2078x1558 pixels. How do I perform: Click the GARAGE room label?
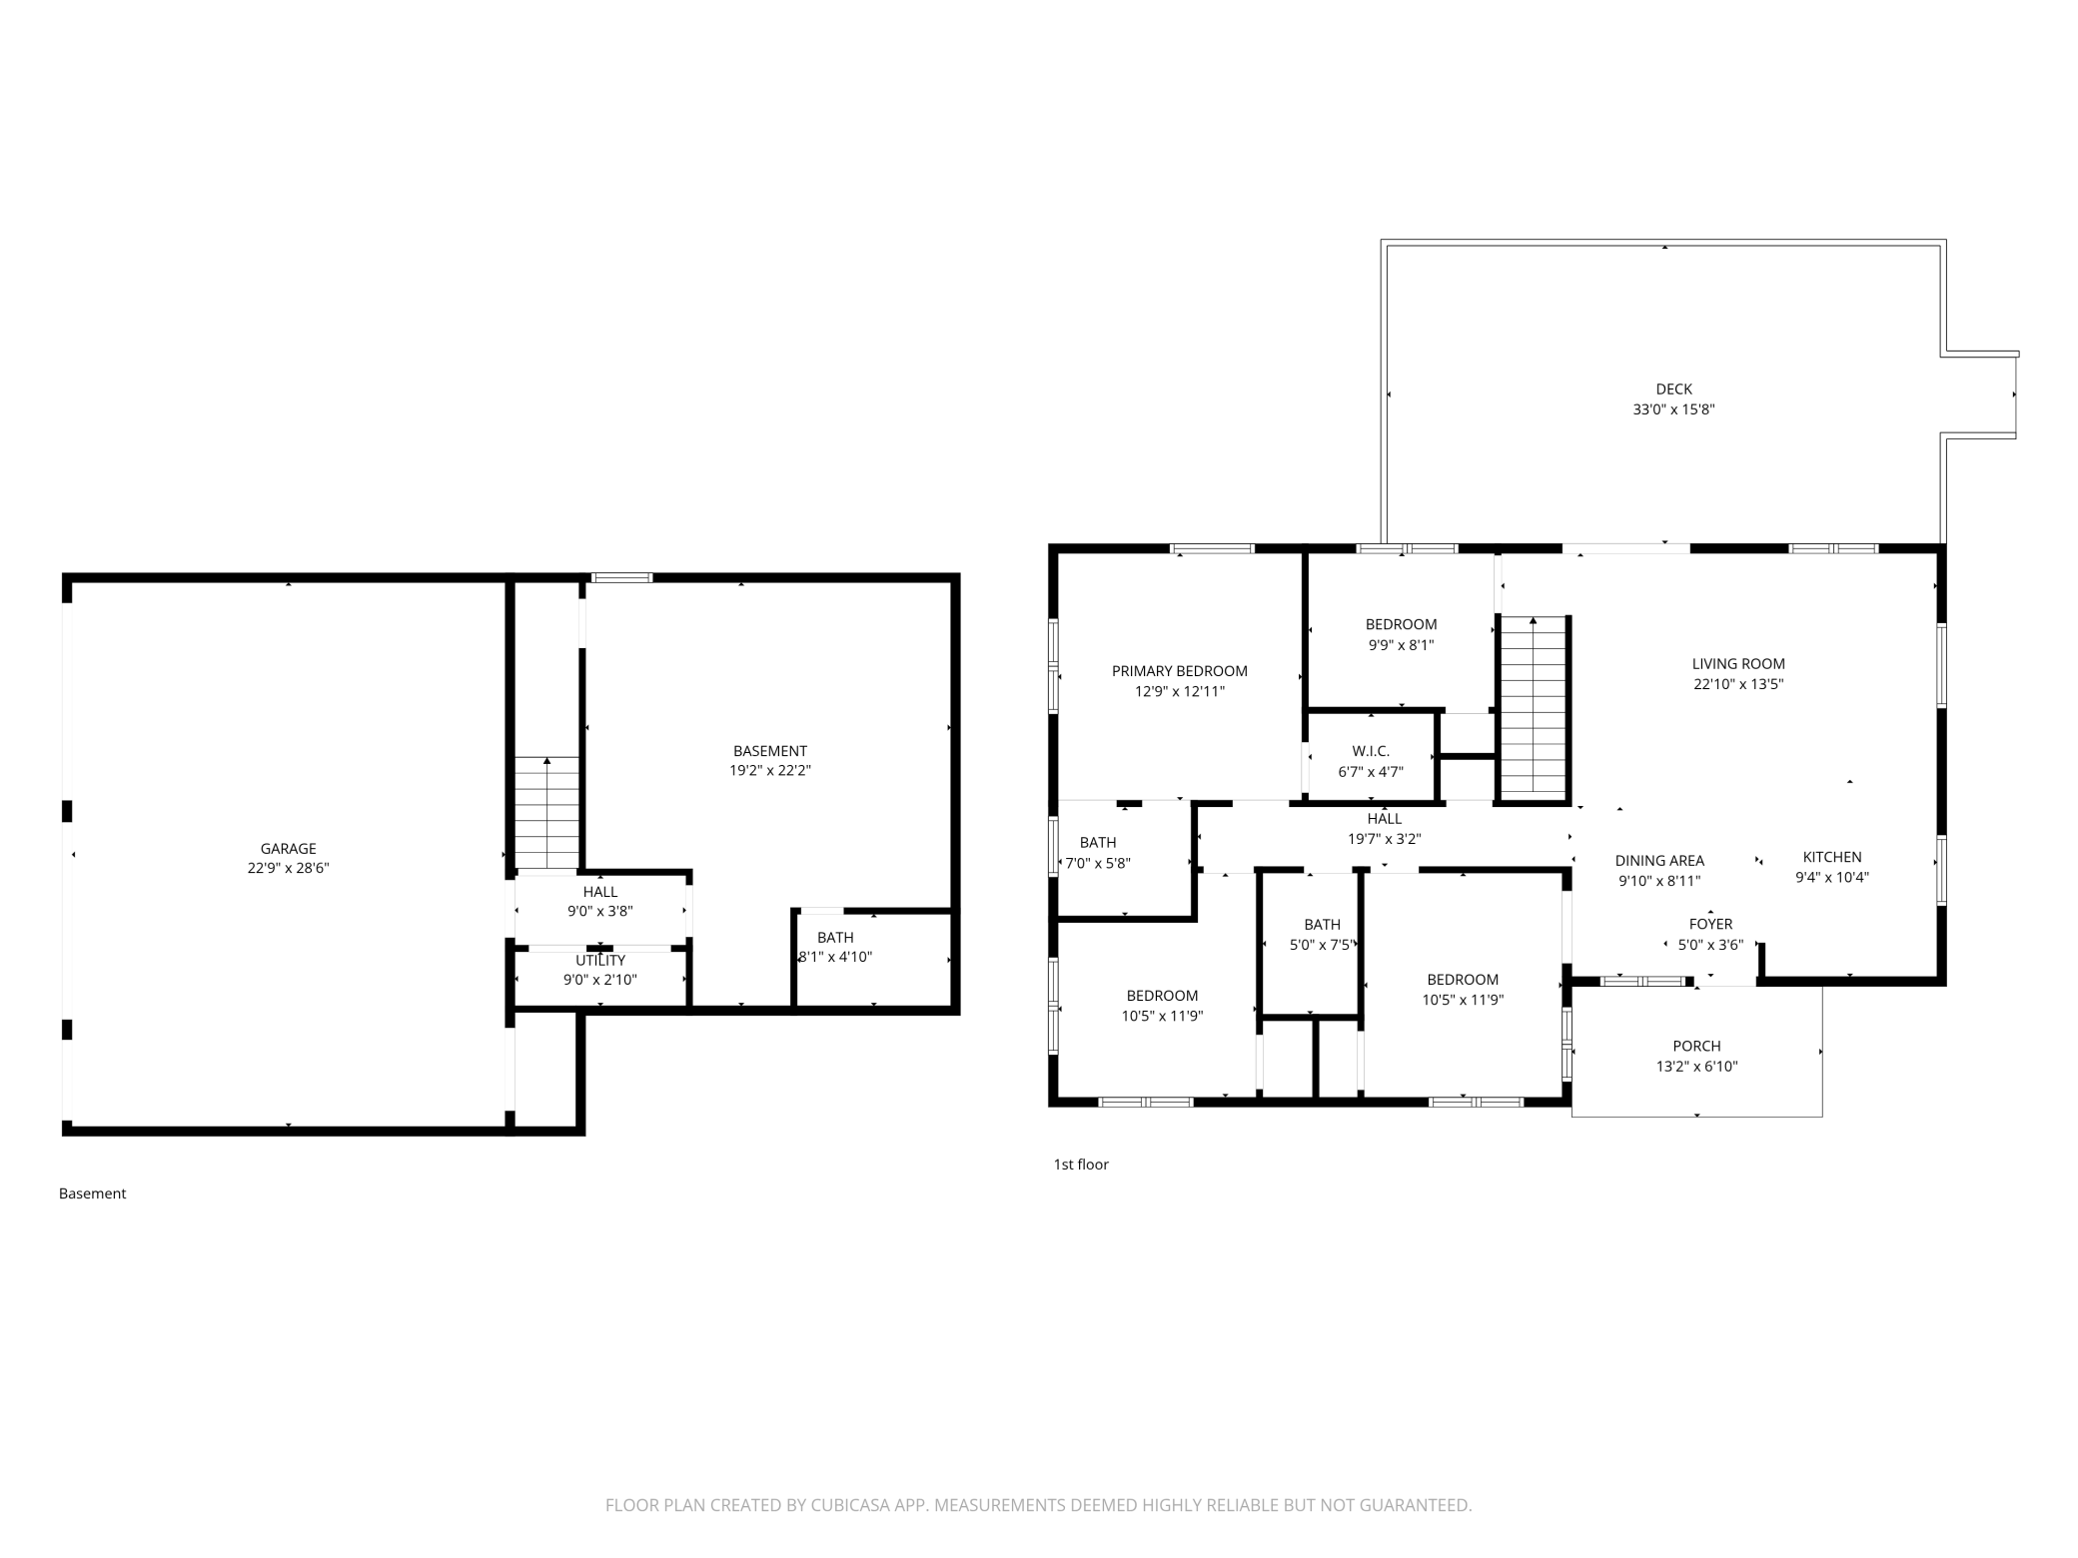[x=289, y=849]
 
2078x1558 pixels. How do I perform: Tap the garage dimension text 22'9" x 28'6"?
[x=289, y=869]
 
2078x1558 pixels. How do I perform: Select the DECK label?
[x=1674, y=389]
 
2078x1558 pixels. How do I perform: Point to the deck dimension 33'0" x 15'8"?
[x=1674, y=409]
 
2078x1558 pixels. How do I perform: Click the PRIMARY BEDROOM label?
[x=1180, y=671]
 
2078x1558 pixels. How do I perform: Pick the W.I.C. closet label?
[x=1371, y=751]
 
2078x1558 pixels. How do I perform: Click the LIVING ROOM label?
[x=1738, y=664]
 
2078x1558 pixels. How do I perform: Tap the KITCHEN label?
[x=1832, y=857]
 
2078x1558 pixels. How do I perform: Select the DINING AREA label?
[x=1659, y=861]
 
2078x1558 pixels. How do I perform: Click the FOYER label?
[x=1710, y=925]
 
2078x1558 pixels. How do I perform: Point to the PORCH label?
[x=1696, y=1047]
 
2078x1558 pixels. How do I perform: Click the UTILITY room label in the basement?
[x=600, y=961]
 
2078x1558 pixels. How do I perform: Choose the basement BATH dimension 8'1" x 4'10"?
[x=835, y=957]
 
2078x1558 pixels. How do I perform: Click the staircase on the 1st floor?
[x=1533, y=708]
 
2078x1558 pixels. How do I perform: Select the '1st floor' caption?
[x=1081, y=1165]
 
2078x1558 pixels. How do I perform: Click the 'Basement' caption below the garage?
[x=92, y=1193]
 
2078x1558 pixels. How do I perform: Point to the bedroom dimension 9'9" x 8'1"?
[x=1401, y=645]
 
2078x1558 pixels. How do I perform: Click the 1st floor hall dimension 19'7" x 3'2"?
[x=1385, y=840]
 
